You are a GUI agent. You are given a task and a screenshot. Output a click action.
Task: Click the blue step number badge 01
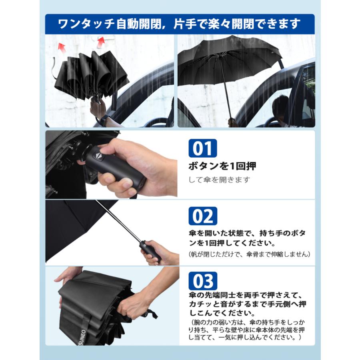pyautogui.click(x=202, y=148)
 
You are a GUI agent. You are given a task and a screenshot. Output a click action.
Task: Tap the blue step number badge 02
pyautogui.click(x=202, y=216)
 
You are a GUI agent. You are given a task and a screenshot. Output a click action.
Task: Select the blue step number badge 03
pyautogui.click(x=202, y=281)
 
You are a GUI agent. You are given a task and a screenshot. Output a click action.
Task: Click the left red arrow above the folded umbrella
pyautogui.click(x=62, y=48)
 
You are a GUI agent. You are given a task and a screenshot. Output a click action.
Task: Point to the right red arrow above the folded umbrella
pyautogui.click(x=101, y=42)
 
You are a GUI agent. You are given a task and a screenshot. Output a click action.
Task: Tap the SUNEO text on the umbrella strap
pyautogui.click(x=83, y=337)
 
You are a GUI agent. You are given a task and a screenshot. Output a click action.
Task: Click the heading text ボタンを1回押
pyautogui.click(x=222, y=166)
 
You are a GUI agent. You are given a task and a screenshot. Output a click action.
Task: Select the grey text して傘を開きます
pyautogui.click(x=219, y=180)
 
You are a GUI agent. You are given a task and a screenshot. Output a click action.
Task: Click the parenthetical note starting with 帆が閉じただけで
pyautogui.click(x=250, y=254)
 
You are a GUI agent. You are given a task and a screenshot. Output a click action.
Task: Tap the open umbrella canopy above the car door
pyautogui.click(x=230, y=60)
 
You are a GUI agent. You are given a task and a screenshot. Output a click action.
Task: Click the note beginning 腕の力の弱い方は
pyautogui.click(x=246, y=330)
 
